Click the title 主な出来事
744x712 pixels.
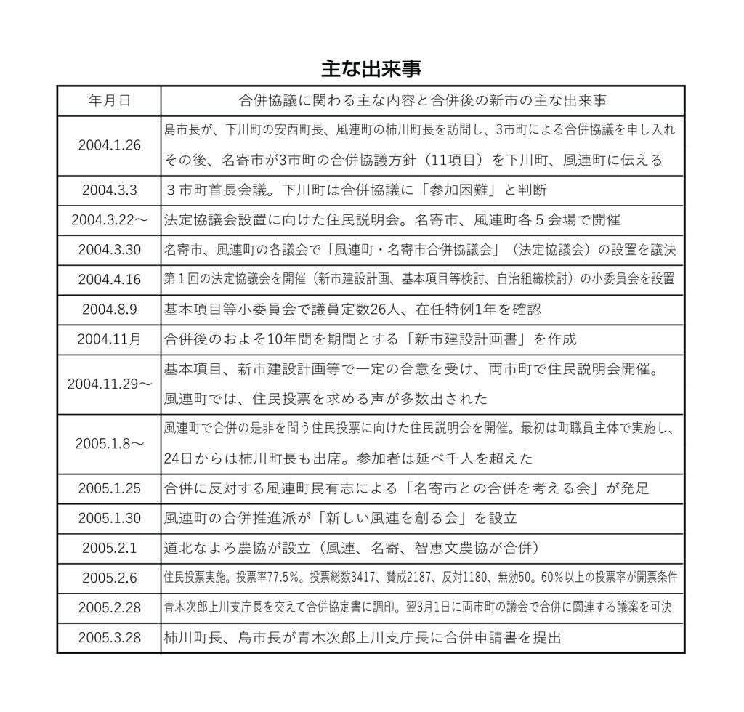pyautogui.click(x=371, y=69)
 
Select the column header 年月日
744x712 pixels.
pyautogui.click(x=109, y=100)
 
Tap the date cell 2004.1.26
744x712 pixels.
pyautogui.click(x=109, y=144)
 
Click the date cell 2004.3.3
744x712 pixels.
pyautogui.click(x=109, y=190)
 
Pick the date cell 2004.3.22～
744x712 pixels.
pyautogui.click(x=109, y=220)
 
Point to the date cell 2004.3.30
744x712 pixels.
pyautogui.click(x=109, y=250)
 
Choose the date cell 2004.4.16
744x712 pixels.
pyautogui.click(x=109, y=280)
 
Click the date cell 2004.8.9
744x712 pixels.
pyautogui.click(x=109, y=310)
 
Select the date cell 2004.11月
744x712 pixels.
pyautogui.click(x=109, y=339)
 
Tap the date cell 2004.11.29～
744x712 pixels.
pyautogui.click(x=109, y=384)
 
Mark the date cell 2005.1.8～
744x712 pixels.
pyautogui.click(x=109, y=444)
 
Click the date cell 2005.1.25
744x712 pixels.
pyautogui.click(x=109, y=489)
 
